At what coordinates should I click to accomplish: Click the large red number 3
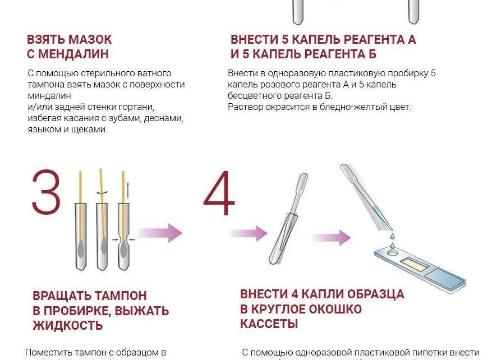[x=45, y=192]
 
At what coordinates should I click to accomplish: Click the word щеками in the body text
[x=93, y=129]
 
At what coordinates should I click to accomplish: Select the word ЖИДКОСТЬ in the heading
[x=67, y=325]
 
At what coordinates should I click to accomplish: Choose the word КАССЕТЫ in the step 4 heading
[x=269, y=324]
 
